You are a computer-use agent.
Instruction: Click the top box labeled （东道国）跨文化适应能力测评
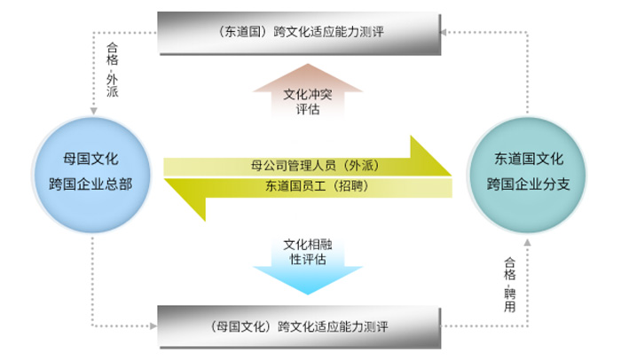click(298, 33)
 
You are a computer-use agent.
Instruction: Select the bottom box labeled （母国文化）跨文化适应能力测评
click(298, 325)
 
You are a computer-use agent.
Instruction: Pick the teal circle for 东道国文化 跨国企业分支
click(528, 173)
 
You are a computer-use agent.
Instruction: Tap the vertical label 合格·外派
click(112, 69)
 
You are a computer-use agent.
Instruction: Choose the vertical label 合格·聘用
click(509, 284)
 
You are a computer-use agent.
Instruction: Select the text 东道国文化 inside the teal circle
click(528, 160)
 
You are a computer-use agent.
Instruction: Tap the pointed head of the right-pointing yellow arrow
click(438, 160)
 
